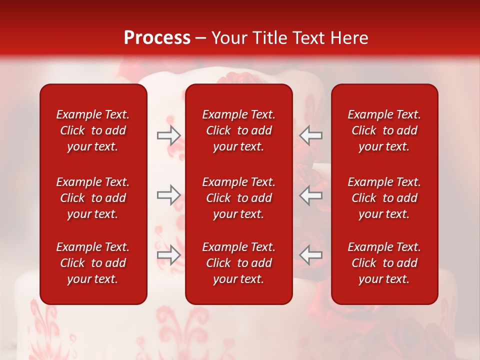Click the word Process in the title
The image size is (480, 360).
pyautogui.click(x=157, y=38)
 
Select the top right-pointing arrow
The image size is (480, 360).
pyautogui.click(x=168, y=135)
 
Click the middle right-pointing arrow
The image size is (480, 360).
pyautogui.click(x=168, y=195)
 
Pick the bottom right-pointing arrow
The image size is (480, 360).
pyautogui.click(x=168, y=255)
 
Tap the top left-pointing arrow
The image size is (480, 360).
pyautogui.click(x=311, y=135)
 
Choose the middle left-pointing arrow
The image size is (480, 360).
pyautogui.click(x=311, y=195)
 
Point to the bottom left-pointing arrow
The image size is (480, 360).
pyautogui.click(x=311, y=255)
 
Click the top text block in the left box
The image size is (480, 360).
pyautogui.click(x=93, y=130)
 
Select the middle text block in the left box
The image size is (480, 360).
pyautogui.click(x=93, y=198)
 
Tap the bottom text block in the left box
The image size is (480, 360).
pyautogui.click(x=93, y=263)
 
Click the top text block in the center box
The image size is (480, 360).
pyautogui.click(x=238, y=130)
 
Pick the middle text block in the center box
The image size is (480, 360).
pyautogui.click(x=238, y=198)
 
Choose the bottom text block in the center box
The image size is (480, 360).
pyautogui.click(x=238, y=263)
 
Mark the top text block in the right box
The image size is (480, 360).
pyautogui.click(x=384, y=130)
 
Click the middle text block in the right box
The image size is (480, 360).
pyautogui.click(x=384, y=198)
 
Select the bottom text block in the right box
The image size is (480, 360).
pyautogui.click(x=384, y=263)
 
